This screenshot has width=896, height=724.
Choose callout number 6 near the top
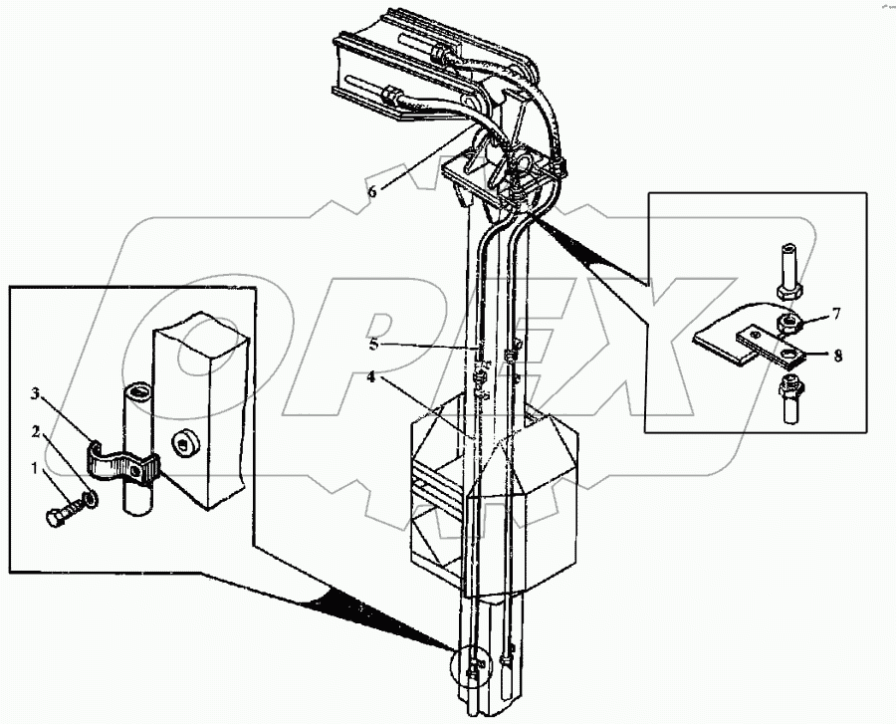371,192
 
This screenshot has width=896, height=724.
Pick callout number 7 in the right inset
836,313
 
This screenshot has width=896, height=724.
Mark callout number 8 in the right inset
836,354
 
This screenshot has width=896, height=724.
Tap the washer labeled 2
90,497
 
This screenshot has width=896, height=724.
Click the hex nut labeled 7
786,323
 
